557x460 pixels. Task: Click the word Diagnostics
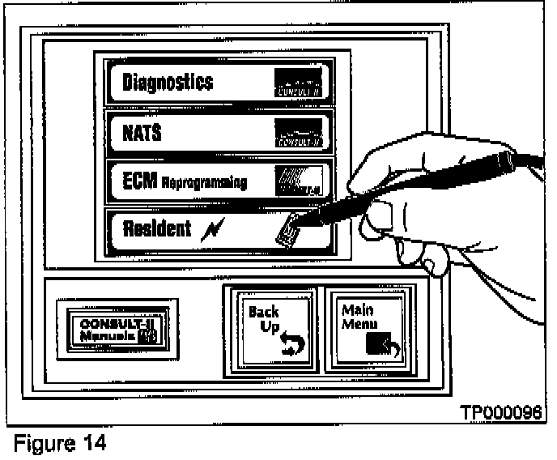(168, 82)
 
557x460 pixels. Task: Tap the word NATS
(142, 132)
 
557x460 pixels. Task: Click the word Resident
(156, 229)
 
